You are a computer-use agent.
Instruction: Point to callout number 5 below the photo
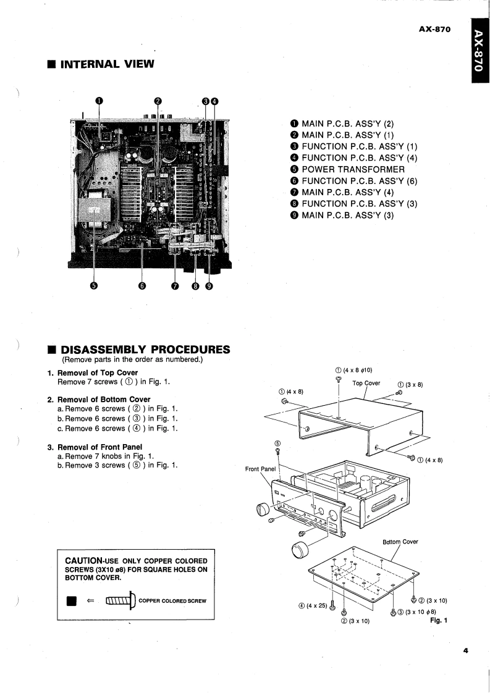tap(94, 285)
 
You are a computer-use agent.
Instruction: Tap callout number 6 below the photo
tap(142, 285)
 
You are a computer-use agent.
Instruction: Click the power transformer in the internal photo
tap(94, 210)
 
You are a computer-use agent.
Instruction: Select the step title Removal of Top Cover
tap(97, 373)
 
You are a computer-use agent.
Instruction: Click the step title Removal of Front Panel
tap(100, 447)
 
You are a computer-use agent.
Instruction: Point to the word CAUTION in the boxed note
tap(87, 560)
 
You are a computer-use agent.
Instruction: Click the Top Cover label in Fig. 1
tap(366, 383)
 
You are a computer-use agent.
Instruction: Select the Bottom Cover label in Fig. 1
tap(400, 542)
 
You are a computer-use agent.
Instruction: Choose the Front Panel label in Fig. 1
tap(261, 469)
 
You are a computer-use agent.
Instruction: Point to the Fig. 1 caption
tap(437, 621)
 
